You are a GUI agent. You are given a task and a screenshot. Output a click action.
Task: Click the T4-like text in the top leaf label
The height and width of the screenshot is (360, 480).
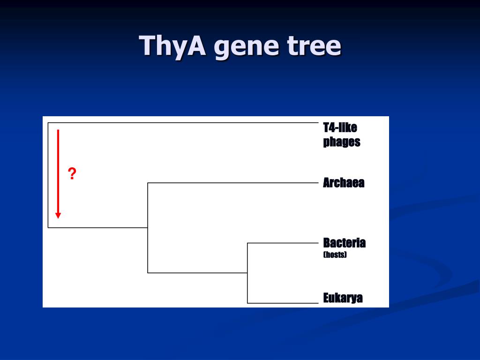(x=340, y=127)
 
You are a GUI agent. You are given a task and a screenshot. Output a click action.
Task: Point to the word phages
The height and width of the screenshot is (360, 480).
(x=341, y=142)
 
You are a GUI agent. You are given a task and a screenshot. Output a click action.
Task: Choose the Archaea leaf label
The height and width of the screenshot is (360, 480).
(x=343, y=183)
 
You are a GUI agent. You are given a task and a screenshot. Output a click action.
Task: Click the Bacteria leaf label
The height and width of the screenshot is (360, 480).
(x=344, y=243)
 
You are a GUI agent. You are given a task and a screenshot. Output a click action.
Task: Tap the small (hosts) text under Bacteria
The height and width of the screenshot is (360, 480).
(x=335, y=255)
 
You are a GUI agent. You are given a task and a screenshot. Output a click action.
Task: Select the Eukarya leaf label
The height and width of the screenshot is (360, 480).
(x=343, y=298)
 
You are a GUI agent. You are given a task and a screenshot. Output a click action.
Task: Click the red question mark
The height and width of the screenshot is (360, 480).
(x=72, y=174)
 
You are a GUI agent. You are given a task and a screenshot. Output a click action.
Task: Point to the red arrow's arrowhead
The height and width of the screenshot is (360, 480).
(x=58, y=215)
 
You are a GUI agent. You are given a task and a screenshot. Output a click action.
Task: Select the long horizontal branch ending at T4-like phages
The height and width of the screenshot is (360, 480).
(x=183, y=123)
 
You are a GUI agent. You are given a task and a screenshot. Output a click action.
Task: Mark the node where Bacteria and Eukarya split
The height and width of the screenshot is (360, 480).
(x=247, y=273)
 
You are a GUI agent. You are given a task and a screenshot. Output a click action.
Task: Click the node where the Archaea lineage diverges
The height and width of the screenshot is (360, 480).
(x=148, y=227)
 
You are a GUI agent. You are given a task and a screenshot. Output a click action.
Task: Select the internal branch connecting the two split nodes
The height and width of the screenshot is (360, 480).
(x=197, y=273)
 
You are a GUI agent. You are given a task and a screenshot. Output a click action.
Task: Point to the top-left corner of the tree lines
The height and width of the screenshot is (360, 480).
(x=48, y=123)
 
